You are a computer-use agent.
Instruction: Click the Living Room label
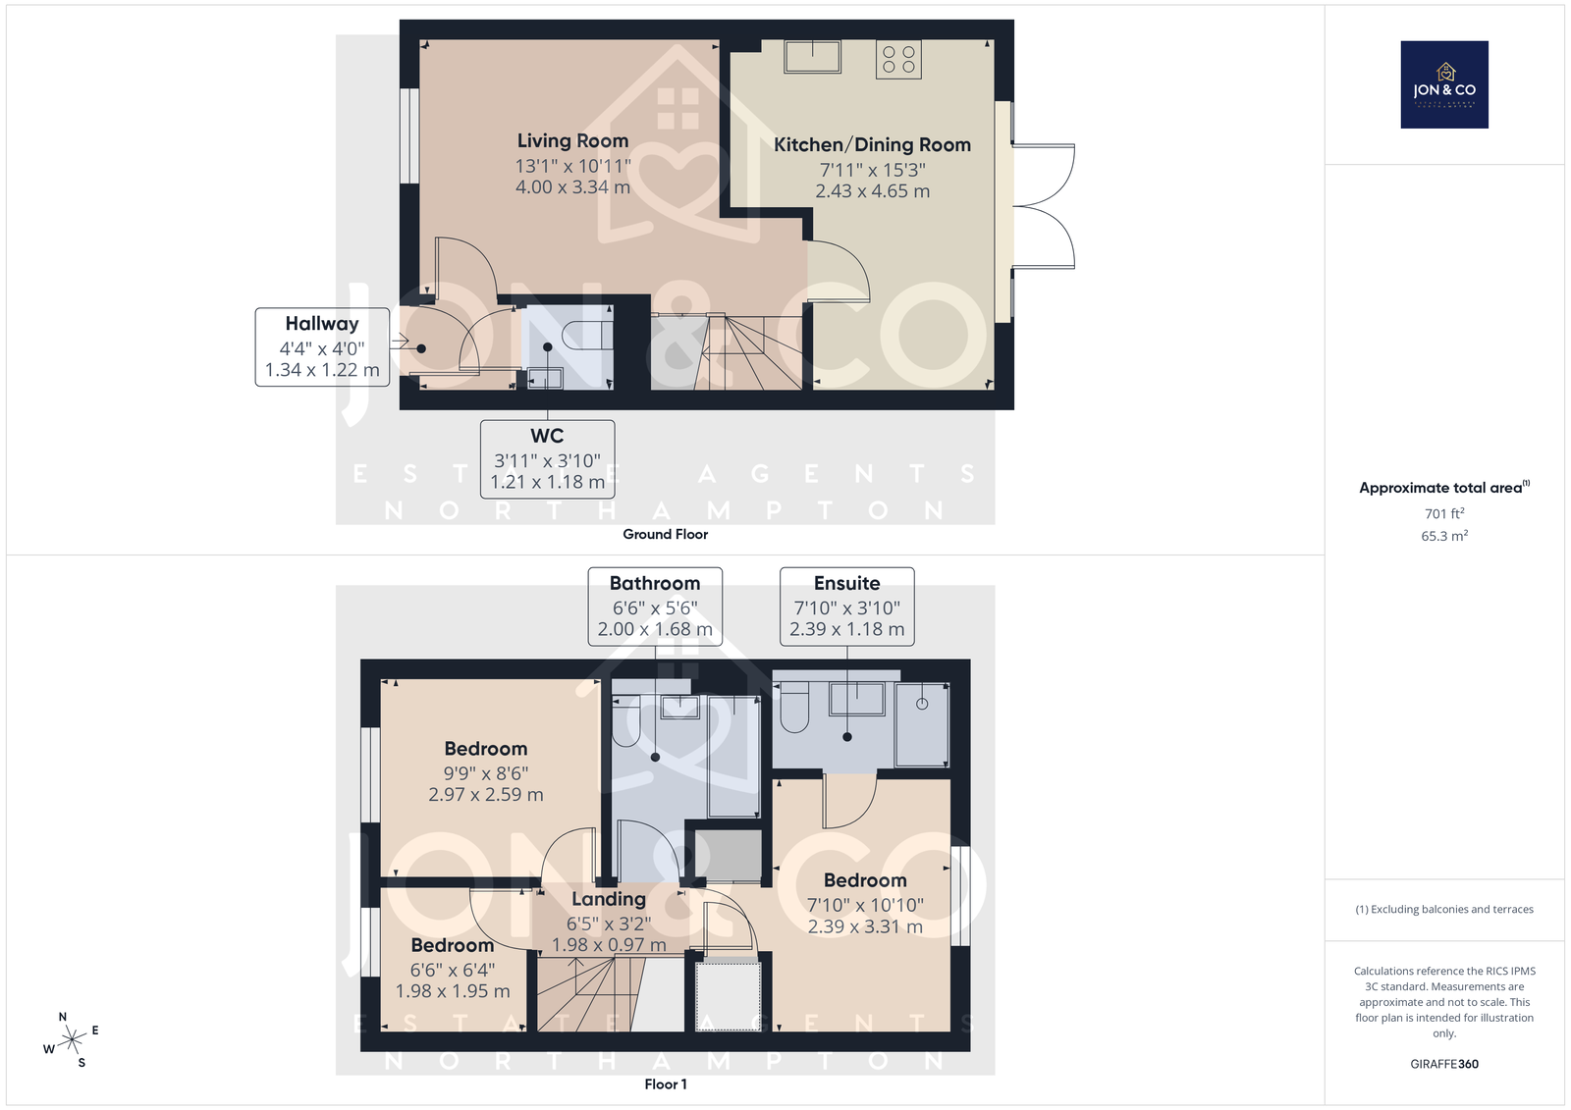[573, 141]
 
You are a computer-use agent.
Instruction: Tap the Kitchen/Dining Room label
[873, 145]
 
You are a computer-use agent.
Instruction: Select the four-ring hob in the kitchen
[898, 59]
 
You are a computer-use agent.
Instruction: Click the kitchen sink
[813, 56]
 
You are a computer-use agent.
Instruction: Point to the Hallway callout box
[322, 347]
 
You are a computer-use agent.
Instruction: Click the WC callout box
[547, 459]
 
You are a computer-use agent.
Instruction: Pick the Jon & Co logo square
[1444, 84]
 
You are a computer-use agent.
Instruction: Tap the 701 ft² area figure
[1444, 513]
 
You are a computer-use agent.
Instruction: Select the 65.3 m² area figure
[1444, 536]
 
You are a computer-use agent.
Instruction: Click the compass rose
[72, 1039]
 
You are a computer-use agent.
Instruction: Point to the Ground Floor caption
[665, 534]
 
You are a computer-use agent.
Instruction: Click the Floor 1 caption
[666, 1084]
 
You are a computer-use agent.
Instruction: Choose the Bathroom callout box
[655, 607]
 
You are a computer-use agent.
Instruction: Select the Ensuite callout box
[847, 607]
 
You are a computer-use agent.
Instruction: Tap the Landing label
[609, 900]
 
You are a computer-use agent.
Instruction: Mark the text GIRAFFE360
[1444, 1064]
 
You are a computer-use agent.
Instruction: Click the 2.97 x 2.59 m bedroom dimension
[486, 794]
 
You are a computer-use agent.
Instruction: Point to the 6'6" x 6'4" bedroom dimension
[453, 970]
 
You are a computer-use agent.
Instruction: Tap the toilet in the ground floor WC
[589, 335]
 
